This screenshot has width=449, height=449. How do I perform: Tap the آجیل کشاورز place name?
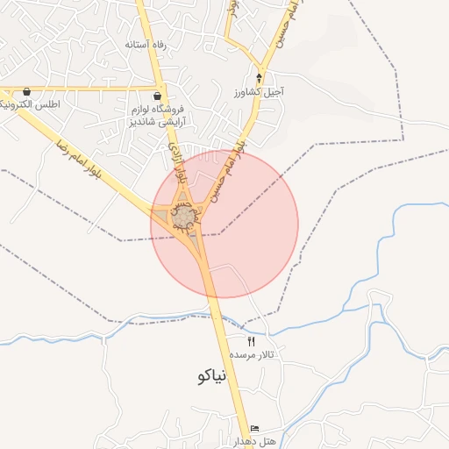[260, 91]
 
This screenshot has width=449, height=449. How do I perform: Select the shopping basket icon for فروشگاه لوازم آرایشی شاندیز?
[157, 96]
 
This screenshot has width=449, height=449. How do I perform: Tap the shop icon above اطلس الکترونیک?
[27, 91]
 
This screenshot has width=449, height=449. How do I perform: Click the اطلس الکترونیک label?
[29, 105]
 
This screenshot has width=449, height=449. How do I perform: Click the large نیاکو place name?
[208, 377]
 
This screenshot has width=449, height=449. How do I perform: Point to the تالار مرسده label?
[253, 355]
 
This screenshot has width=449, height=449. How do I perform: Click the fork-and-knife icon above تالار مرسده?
[251, 340]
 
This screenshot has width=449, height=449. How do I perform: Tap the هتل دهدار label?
[255, 440]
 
